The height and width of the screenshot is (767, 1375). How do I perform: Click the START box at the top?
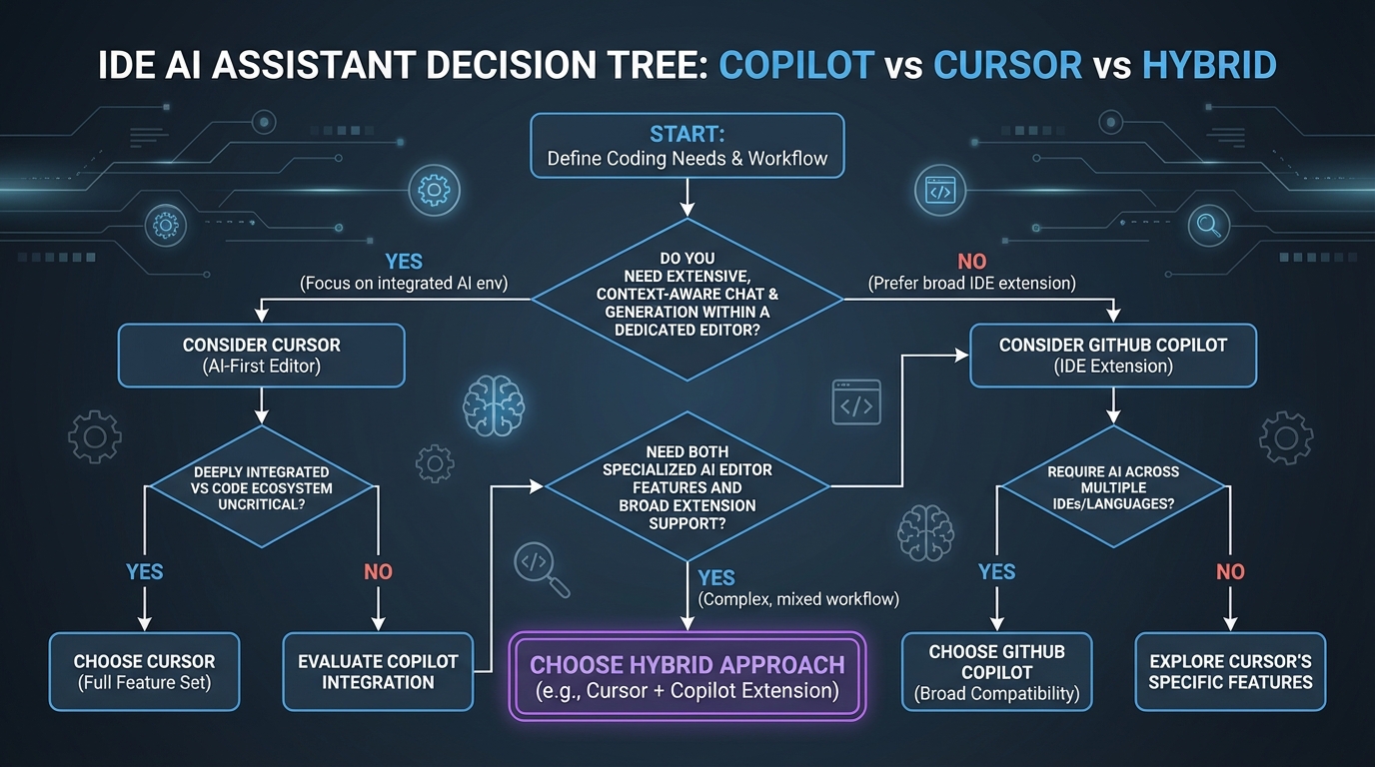[x=687, y=146]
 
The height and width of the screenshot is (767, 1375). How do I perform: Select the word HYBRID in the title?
[x=1208, y=66]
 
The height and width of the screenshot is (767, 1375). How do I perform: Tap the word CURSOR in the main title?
[x=1007, y=66]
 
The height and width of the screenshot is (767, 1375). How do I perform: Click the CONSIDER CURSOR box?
[x=261, y=356]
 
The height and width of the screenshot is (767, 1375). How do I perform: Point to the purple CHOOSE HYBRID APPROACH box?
[x=687, y=675]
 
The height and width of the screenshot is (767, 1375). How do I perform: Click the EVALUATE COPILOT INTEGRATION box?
[x=378, y=671]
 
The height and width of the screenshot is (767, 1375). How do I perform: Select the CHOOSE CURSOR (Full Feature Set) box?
[x=144, y=671]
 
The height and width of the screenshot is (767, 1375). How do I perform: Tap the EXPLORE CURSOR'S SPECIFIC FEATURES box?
[x=1230, y=671]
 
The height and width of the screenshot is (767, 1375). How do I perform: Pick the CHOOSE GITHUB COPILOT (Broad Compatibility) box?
[x=996, y=671]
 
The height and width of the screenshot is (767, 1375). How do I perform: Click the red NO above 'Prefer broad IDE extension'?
[x=971, y=262]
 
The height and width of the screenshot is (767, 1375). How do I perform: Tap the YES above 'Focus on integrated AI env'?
[x=404, y=262]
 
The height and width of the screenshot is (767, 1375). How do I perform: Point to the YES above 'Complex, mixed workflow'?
[x=716, y=577]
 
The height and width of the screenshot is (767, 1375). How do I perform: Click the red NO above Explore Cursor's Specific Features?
[x=1230, y=571]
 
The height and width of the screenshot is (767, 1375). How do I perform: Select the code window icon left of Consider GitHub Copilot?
[x=856, y=403]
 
